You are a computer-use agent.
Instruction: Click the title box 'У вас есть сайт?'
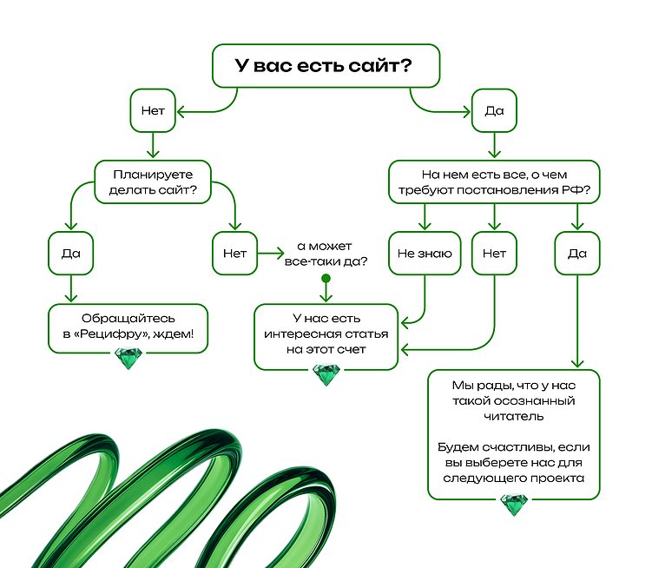tap(326, 66)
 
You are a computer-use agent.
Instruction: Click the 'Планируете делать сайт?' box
tap(153, 181)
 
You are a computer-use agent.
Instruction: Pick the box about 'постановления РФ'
tap(493, 181)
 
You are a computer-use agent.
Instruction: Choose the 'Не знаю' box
tap(425, 254)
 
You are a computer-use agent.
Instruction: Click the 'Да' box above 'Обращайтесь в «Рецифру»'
tap(70, 254)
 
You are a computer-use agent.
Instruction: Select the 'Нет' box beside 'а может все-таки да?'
tap(235, 254)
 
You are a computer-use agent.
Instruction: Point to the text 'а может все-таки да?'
tap(326, 254)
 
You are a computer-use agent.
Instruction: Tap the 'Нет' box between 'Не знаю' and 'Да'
tap(493, 254)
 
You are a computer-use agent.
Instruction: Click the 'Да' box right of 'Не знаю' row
tap(576, 254)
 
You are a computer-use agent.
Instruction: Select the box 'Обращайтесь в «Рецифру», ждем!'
tap(128, 327)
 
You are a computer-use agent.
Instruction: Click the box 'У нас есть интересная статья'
tap(326, 334)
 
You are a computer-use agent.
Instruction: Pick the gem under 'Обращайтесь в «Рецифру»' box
tap(128, 359)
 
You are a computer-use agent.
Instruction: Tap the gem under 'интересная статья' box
tap(326, 374)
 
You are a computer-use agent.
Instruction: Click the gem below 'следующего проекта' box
tap(514, 505)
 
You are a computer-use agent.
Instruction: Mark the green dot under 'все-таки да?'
tap(326, 279)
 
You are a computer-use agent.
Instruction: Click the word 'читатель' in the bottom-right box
tap(514, 417)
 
